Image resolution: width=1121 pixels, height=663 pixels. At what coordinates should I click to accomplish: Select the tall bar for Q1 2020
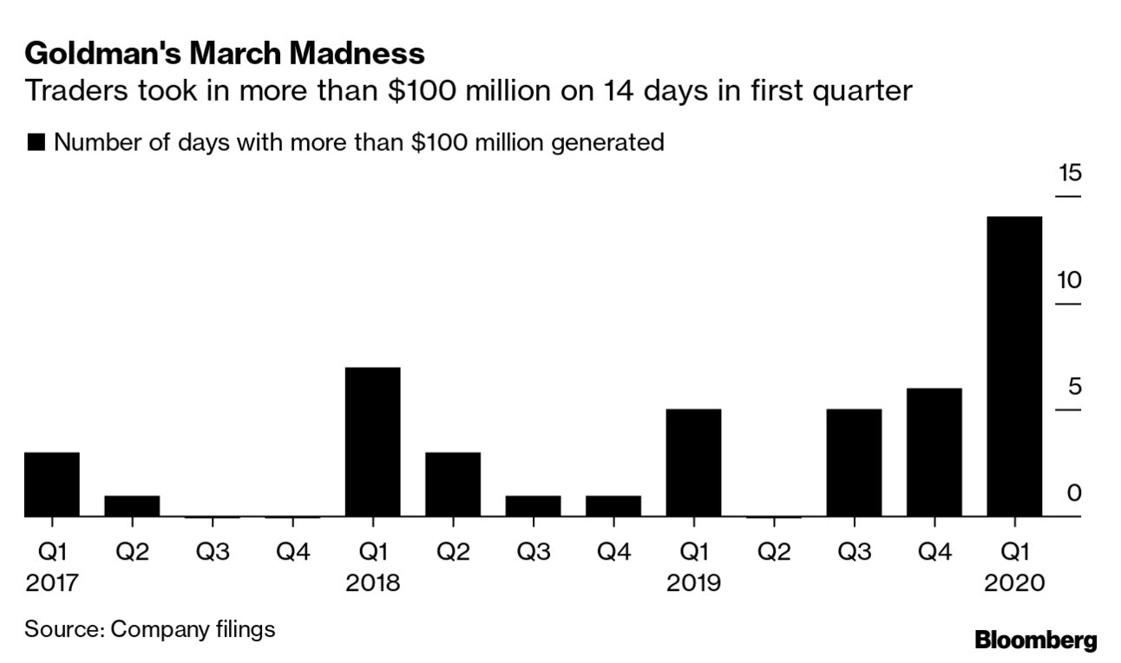pos(1014,366)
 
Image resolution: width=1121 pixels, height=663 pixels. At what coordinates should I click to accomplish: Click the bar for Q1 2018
pos(372,442)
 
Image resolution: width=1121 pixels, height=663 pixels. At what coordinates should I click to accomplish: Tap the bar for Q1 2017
pos(52,484)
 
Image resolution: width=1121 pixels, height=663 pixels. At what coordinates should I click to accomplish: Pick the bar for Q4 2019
pos(934,452)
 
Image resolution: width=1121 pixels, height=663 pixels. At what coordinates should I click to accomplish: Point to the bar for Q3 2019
pos(854,463)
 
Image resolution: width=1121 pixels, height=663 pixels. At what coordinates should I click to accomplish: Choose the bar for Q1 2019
pos(693,463)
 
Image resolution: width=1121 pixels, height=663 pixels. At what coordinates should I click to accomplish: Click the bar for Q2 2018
pos(453,484)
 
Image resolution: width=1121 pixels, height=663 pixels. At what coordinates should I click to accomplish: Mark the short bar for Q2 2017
pos(132,506)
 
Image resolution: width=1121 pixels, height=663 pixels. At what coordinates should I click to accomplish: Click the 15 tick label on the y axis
pos(1070,174)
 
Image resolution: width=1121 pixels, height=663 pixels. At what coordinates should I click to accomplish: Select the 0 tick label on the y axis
pos(1074,494)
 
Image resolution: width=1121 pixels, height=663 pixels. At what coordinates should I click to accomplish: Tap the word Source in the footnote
pos(61,628)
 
